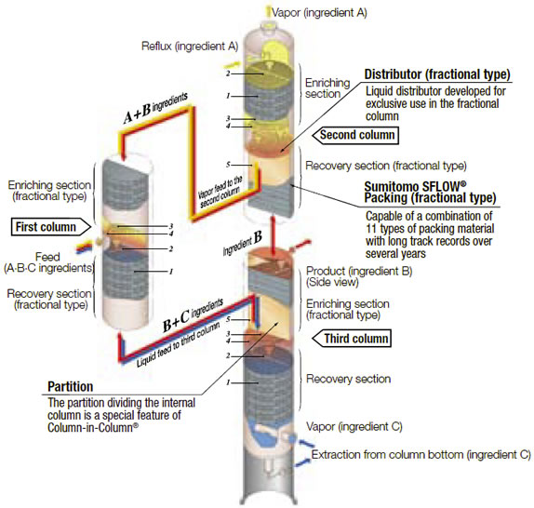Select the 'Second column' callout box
pyautogui.click(x=355, y=135)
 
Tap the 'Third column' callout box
pyautogui.click(x=352, y=339)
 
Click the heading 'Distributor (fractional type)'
pyautogui.click(x=437, y=74)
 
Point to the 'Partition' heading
pyautogui.click(x=70, y=387)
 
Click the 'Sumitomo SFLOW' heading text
pyautogui.click(x=415, y=186)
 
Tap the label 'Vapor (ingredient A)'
pyautogui.click(x=319, y=13)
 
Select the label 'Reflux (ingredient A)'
pyautogui.click(x=190, y=46)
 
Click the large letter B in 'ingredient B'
pyautogui.click(x=258, y=237)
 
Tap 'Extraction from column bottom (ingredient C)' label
pyautogui.click(x=421, y=455)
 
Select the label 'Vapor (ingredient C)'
pyautogui.click(x=354, y=427)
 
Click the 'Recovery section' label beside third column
pyautogui.click(x=348, y=379)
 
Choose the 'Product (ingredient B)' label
pyautogui.click(x=359, y=272)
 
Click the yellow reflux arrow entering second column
pyautogui.click(x=233, y=64)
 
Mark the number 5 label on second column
pyautogui.click(x=228, y=165)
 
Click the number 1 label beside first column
pyautogui.click(x=171, y=272)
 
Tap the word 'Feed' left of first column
pyautogui.click(x=47, y=257)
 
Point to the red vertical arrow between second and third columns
pyautogui.click(x=274, y=235)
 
